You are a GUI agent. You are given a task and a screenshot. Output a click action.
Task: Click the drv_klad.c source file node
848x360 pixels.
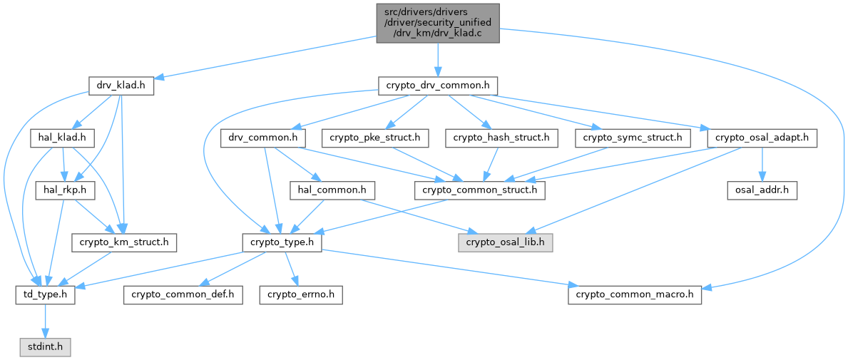point(437,24)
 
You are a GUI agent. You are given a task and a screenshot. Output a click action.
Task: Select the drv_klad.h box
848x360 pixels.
point(121,86)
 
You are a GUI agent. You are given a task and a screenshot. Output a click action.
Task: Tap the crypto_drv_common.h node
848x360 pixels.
point(437,86)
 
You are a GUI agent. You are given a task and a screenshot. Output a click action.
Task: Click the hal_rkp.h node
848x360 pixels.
point(61,190)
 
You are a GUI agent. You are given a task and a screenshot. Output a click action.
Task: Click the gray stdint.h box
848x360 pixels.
point(45,347)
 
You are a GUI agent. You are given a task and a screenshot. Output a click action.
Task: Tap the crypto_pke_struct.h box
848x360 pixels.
point(374,138)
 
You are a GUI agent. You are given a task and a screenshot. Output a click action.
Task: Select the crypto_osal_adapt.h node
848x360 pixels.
point(762,138)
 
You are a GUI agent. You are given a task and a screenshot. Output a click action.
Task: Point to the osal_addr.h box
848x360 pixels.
point(761,190)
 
